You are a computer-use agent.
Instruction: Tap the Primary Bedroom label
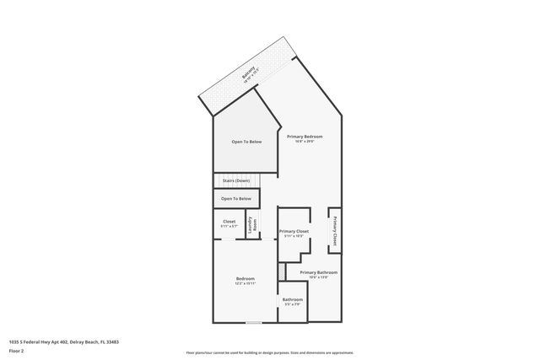click(x=305, y=136)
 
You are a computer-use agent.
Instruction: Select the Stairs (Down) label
click(x=235, y=181)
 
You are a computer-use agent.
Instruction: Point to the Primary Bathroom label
click(x=319, y=272)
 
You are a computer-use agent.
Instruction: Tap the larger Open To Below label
click(x=246, y=142)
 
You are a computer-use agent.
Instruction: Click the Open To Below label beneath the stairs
click(x=236, y=199)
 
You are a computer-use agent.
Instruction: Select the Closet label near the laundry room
click(x=229, y=222)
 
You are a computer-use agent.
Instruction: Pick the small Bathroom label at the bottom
click(x=293, y=300)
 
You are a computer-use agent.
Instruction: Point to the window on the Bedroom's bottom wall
click(x=253, y=323)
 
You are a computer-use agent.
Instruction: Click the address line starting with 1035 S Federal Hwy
click(x=63, y=341)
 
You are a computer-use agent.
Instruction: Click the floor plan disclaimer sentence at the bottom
click(x=270, y=352)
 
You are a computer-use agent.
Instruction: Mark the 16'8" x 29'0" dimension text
click(x=305, y=141)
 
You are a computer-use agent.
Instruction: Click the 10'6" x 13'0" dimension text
click(x=319, y=277)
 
